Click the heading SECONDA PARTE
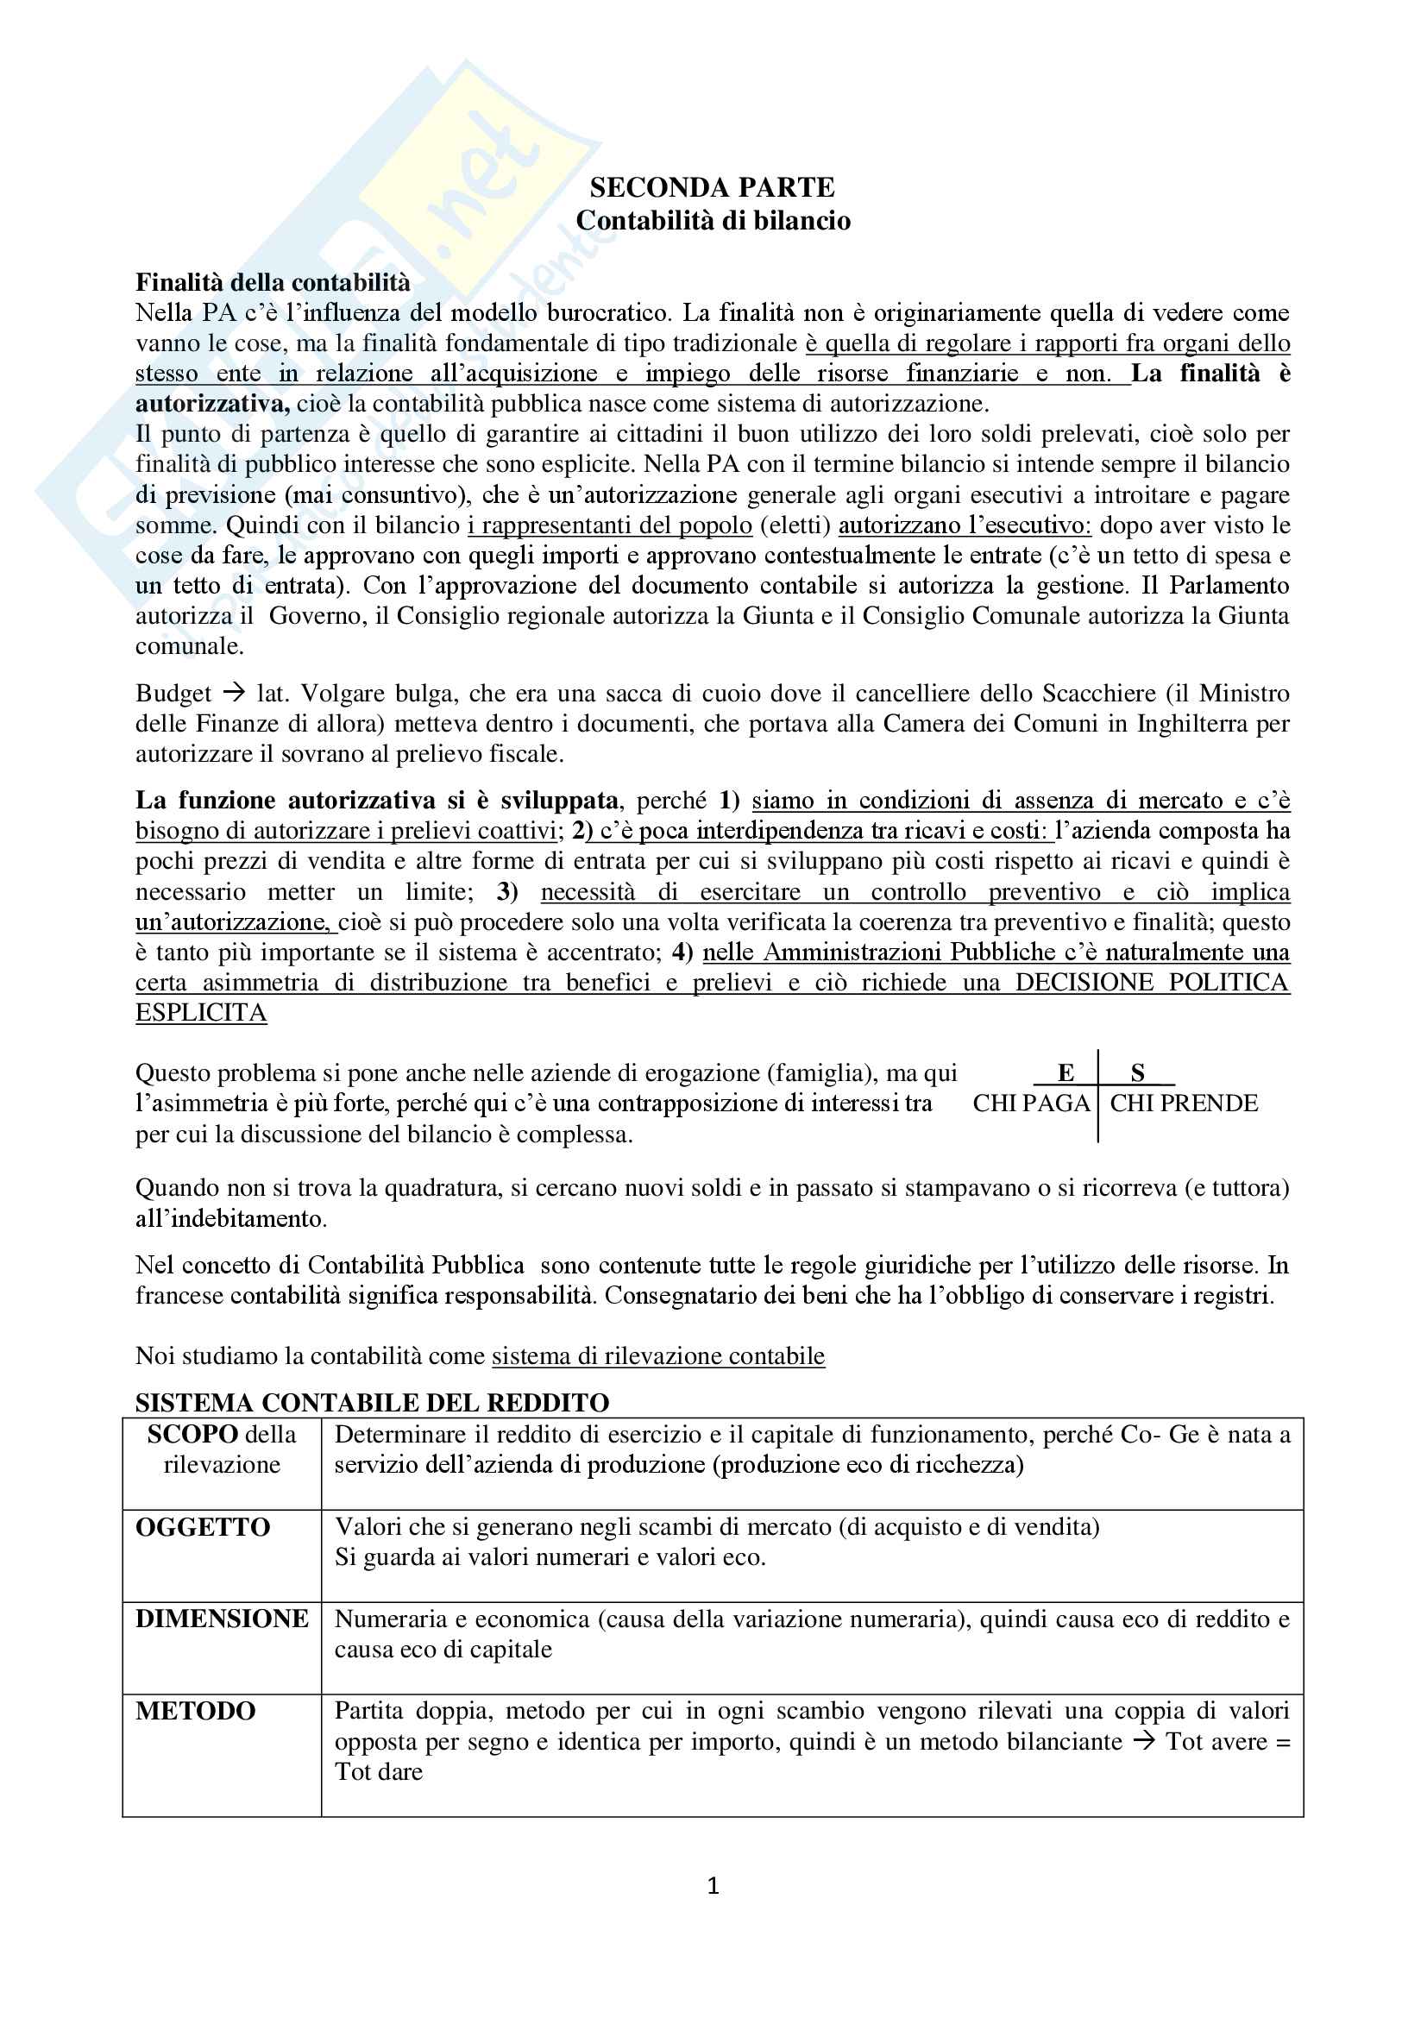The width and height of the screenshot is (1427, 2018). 712,187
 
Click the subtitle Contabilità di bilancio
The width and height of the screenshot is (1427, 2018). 713,220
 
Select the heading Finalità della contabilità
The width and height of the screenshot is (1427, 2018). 273,282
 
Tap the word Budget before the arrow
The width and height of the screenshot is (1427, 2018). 173,694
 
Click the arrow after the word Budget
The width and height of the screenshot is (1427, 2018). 233,694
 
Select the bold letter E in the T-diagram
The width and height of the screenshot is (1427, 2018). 1065,1072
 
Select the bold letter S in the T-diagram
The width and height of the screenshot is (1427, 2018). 1137,1072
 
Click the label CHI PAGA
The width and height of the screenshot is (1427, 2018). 1031,1103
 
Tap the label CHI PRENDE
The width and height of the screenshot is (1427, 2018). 1184,1103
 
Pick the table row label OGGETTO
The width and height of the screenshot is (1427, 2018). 202,1527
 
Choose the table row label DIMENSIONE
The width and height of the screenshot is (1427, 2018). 222,1618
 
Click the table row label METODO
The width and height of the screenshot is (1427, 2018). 195,1710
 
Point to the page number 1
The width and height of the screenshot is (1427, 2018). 713,1885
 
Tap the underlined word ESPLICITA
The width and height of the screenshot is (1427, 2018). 200,1013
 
